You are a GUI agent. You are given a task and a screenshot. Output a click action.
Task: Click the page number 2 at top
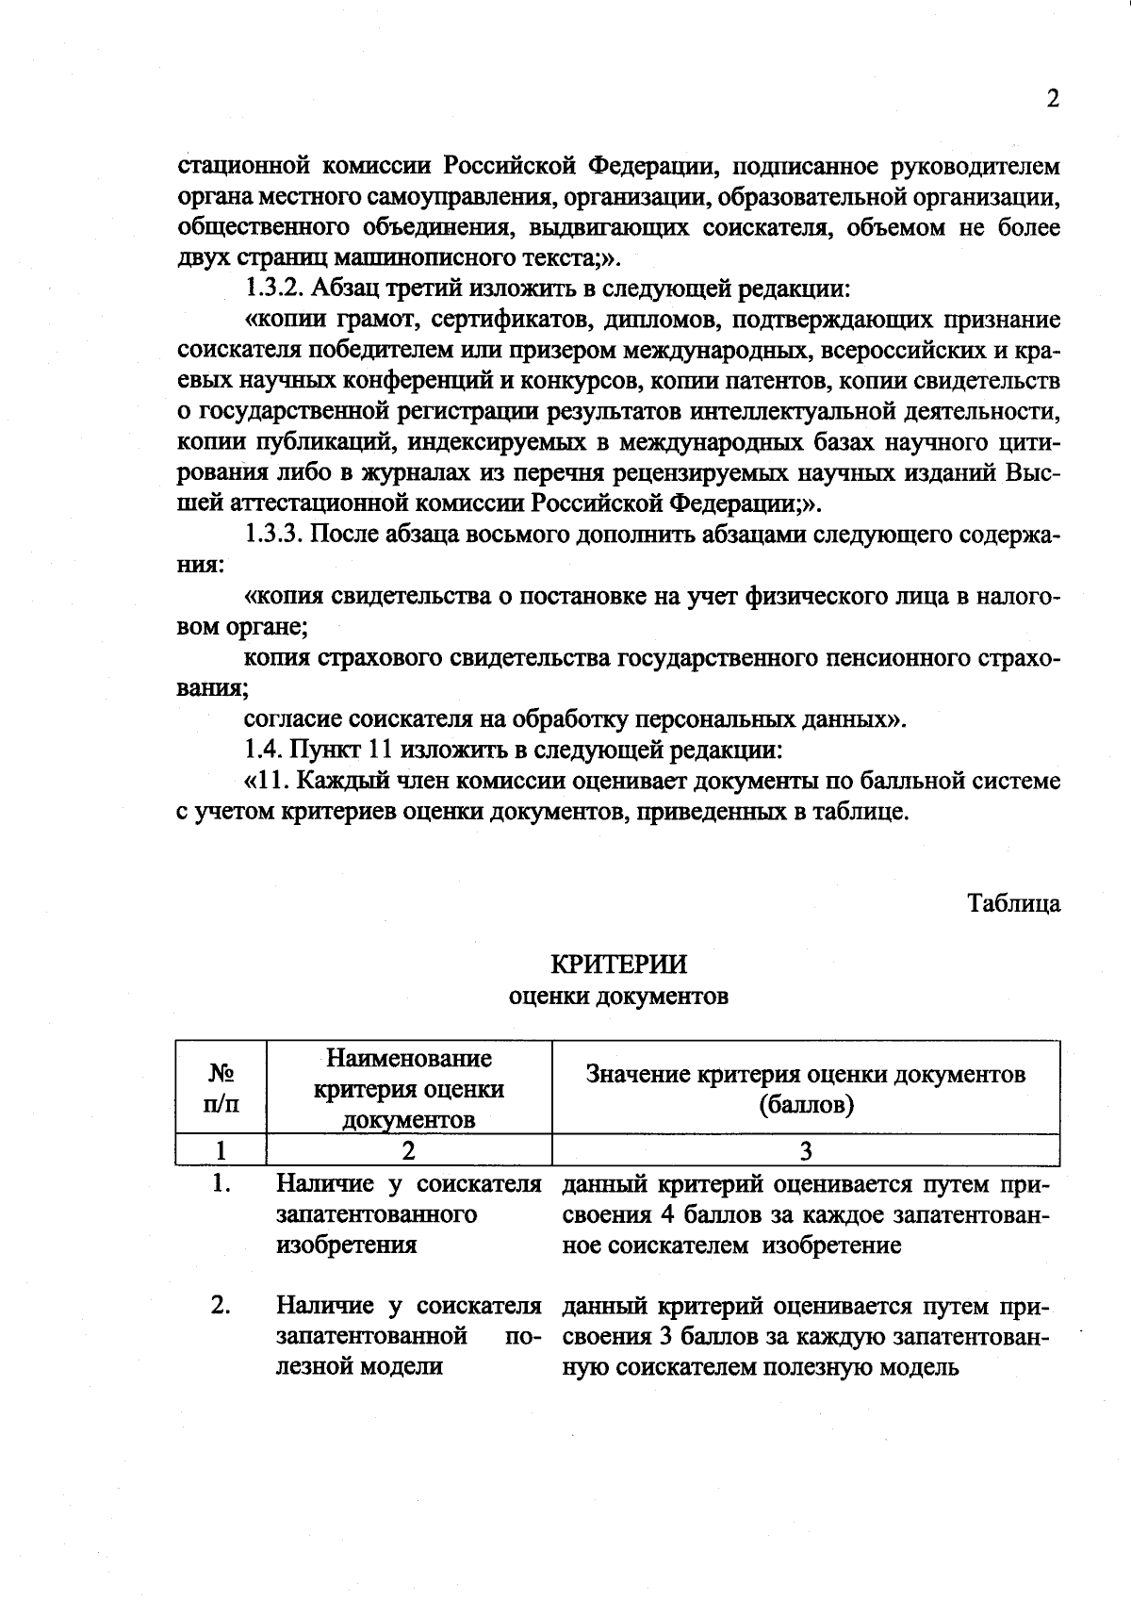1053,99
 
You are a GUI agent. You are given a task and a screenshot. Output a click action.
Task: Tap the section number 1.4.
263,751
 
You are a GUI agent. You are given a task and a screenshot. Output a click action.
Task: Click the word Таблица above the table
1014,903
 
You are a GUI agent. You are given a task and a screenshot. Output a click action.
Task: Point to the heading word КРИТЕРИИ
618,965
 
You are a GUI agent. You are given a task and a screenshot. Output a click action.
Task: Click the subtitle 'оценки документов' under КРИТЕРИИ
618,996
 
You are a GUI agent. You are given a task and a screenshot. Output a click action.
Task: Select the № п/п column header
221,1088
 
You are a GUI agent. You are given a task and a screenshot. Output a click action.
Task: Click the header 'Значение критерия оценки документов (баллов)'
806,1088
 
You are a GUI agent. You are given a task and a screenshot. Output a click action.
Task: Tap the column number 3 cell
806,1151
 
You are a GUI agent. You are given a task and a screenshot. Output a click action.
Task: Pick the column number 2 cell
408,1151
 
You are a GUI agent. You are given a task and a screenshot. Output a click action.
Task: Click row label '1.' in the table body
221,1183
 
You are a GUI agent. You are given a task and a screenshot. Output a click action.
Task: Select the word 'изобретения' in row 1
346,1245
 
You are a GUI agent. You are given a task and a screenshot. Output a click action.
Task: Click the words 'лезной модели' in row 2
359,1367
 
